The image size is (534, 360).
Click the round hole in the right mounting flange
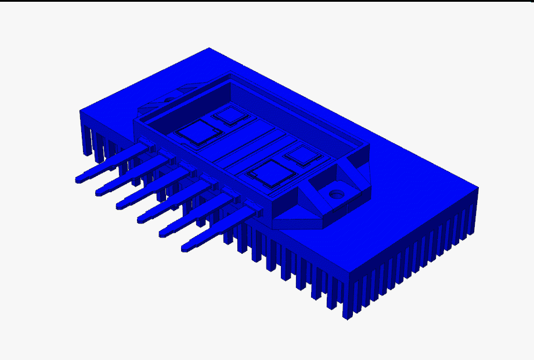click(x=336, y=193)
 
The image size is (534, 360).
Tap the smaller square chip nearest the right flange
click(x=302, y=156)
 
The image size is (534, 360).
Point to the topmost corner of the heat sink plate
click(x=210, y=49)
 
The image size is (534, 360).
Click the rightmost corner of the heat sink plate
click(x=477, y=188)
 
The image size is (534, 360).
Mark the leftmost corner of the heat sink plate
click(x=81, y=110)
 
